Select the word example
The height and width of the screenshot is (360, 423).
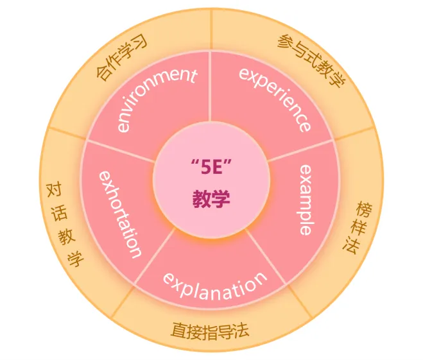pyautogui.click(x=306, y=199)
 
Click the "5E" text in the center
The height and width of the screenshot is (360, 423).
pyautogui.click(x=211, y=170)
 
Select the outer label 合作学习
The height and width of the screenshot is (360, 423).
pyautogui.click(x=122, y=58)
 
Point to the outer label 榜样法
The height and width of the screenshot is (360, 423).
pyautogui.click(x=357, y=228)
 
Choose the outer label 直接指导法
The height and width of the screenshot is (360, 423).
pyautogui.click(x=210, y=330)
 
